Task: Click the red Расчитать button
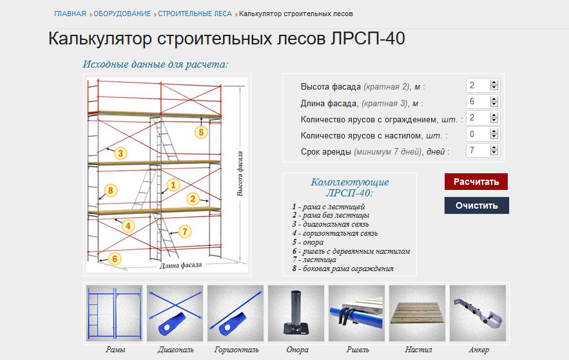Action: point(476,182)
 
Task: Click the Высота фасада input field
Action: point(477,85)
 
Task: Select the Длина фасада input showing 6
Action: point(477,102)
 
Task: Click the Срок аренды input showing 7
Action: point(477,151)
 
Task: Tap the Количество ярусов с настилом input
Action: point(477,135)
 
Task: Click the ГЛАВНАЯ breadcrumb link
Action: point(70,14)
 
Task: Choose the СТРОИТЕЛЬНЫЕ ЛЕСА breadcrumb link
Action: point(195,14)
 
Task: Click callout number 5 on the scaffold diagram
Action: point(201,132)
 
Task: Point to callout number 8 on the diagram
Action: point(111,190)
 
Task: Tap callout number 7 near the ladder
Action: point(185,231)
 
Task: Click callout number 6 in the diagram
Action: point(115,259)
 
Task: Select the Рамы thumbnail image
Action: point(115,313)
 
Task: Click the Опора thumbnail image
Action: point(296,313)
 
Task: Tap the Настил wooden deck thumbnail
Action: point(418,313)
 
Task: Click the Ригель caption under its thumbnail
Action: point(357,350)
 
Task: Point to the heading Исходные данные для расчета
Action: point(155,64)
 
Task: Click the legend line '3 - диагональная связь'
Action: point(334,224)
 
